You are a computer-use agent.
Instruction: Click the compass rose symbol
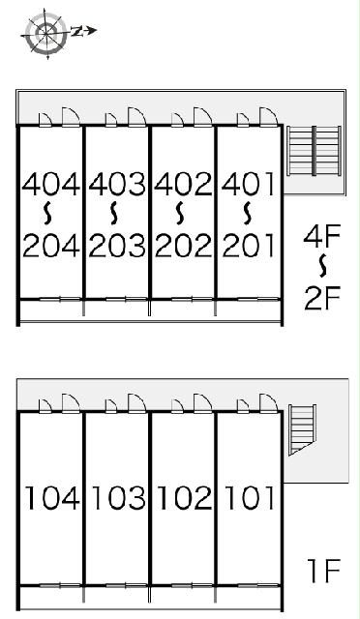tap(46, 33)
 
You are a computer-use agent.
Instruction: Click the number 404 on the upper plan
tap(51, 184)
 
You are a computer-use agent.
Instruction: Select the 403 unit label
tap(117, 184)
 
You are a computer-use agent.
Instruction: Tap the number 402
tap(183, 184)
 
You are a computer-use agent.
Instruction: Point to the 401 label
tap(248, 184)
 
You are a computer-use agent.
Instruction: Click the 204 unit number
tap(51, 245)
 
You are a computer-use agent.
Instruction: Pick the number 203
tap(117, 245)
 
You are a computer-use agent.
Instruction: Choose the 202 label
tap(183, 245)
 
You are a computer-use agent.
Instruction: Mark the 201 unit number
tap(248, 245)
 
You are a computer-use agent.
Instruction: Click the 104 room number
tap(52, 497)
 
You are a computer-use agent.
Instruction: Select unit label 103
tap(118, 497)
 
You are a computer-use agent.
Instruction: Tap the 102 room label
tap(184, 497)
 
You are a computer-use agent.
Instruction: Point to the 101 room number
tap(249, 497)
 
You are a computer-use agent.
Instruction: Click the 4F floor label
tap(321, 236)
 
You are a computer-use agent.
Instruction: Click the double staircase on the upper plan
tap(315, 151)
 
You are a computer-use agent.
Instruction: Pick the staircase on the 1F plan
tap(302, 429)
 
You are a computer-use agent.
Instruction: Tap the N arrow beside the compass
tap(84, 31)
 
